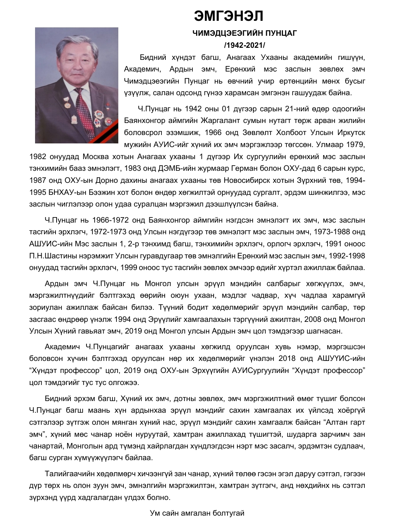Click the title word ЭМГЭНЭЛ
[x=229, y=16]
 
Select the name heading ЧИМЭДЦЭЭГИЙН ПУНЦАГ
[x=244, y=33]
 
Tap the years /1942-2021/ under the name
[x=244, y=45]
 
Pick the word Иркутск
[x=350, y=132]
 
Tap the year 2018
[x=287, y=358]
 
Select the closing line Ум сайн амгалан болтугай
[x=197, y=513]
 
